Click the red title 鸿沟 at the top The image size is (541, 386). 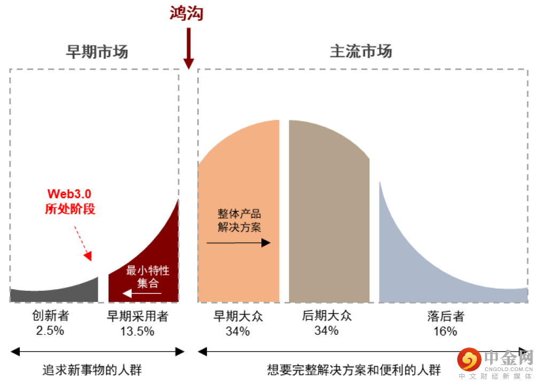point(187,13)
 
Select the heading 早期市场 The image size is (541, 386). point(97,52)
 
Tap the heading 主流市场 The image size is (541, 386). point(361,51)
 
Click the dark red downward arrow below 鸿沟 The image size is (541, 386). point(188,48)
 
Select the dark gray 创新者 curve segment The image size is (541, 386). point(53,293)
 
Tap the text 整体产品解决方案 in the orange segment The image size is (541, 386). point(239,220)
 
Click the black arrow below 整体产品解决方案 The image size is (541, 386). point(238,243)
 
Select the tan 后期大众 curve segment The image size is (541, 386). point(329,214)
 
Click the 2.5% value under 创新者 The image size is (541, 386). point(50,330)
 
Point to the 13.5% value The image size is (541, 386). point(137,331)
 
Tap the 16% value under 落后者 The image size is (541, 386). point(445,331)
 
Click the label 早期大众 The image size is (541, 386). point(238,316)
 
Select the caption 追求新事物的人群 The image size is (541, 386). point(92,370)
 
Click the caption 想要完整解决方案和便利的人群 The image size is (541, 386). point(354,370)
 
